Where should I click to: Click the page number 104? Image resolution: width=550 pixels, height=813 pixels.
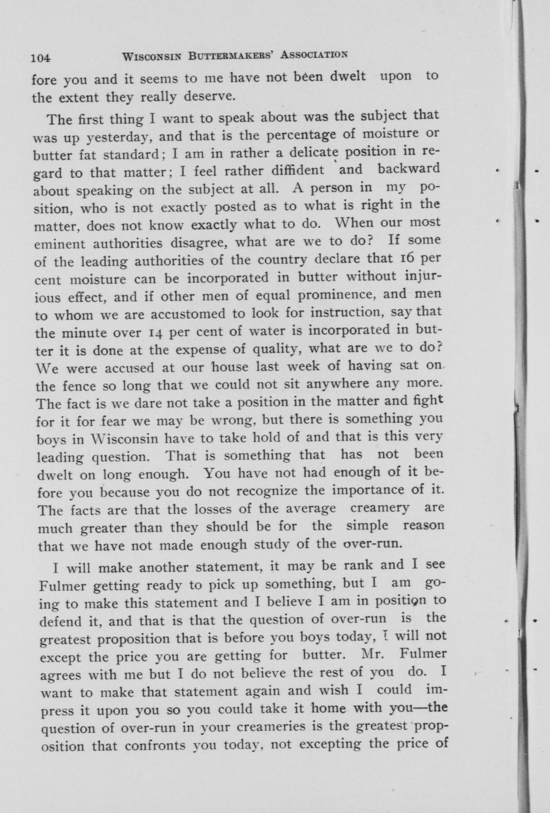(41, 57)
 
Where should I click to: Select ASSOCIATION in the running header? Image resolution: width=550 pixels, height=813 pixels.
(314, 55)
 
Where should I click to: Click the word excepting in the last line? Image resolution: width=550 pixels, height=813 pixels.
(330, 743)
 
